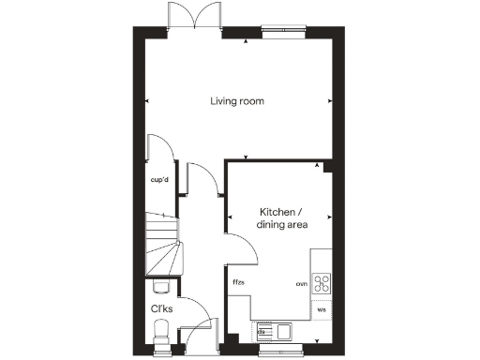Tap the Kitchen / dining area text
(283, 218)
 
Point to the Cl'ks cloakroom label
(160, 307)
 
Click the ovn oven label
(302, 283)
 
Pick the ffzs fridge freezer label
(238, 282)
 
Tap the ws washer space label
(321, 308)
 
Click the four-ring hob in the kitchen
(322, 282)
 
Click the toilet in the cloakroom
(161, 331)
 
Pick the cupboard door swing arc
(160, 150)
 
